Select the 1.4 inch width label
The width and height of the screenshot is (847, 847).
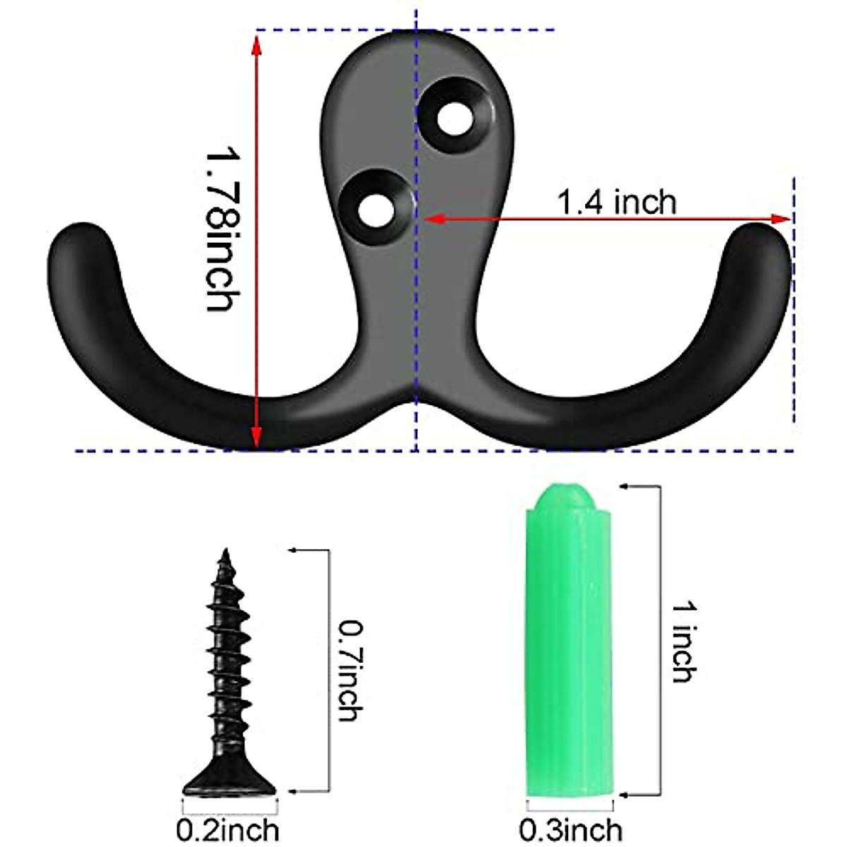click(x=616, y=203)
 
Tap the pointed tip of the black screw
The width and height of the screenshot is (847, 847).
click(x=226, y=553)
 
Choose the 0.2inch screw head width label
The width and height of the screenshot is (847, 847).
click(x=227, y=830)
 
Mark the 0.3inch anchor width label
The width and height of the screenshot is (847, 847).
click(x=570, y=830)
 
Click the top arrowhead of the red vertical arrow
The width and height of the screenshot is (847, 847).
click(x=256, y=42)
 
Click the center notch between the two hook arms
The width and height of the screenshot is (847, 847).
click(x=416, y=406)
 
